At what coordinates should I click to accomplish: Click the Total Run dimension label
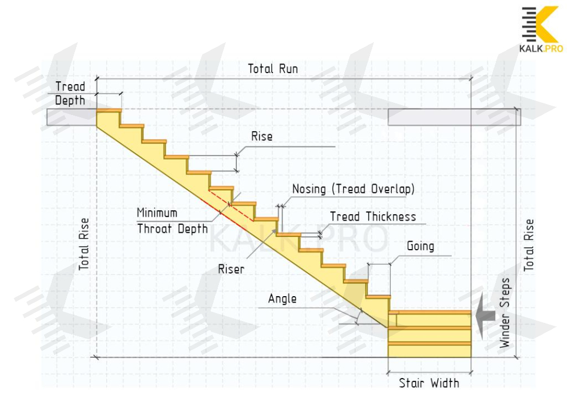click(x=273, y=69)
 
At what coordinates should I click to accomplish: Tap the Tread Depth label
click(x=70, y=93)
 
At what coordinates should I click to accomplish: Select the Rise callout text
click(x=262, y=137)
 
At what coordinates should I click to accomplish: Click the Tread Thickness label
click(x=373, y=217)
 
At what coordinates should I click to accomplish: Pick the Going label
click(x=420, y=246)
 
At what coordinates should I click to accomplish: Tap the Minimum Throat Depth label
click(x=172, y=221)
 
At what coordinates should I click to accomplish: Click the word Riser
click(x=231, y=269)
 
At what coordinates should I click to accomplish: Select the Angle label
click(x=282, y=299)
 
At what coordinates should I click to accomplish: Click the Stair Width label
click(x=429, y=383)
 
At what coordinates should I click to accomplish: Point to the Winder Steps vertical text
click(x=506, y=314)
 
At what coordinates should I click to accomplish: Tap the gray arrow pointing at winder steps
click(x=485, y=317)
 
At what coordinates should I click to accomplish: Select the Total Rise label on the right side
click(x=529, y=245)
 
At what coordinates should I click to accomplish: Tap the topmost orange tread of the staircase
click(x=109, y=110)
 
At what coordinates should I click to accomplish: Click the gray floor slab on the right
click(x=453, y=117)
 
